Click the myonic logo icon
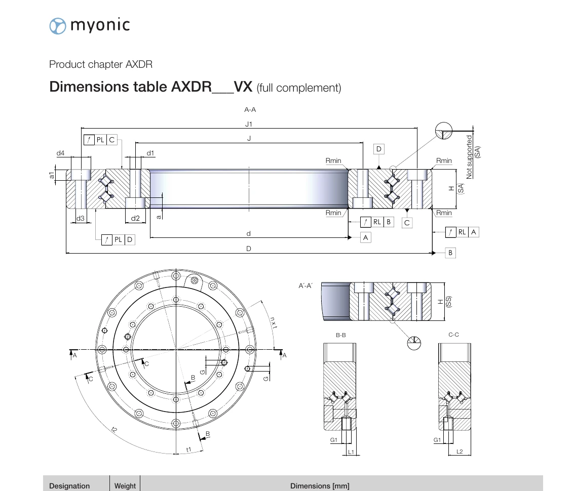(58, 26)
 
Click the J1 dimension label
(248, 124)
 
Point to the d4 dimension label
(60, 153)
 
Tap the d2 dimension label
(135, 218)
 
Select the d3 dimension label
(81, 218)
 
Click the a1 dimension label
(52, 175)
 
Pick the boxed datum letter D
(378, 149)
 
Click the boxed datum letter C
(407, 223)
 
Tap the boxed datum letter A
(365, 237)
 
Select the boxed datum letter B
(450, 253)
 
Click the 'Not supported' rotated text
(469, 157)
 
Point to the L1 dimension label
(351, 452)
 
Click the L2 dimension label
(460, 452)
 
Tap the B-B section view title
(340, 335)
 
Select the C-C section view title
(453, 335)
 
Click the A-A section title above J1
(250, 109)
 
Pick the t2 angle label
(114, 430)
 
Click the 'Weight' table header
(125, 486)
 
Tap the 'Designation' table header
(69, 486)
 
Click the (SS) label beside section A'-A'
(449, 302)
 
